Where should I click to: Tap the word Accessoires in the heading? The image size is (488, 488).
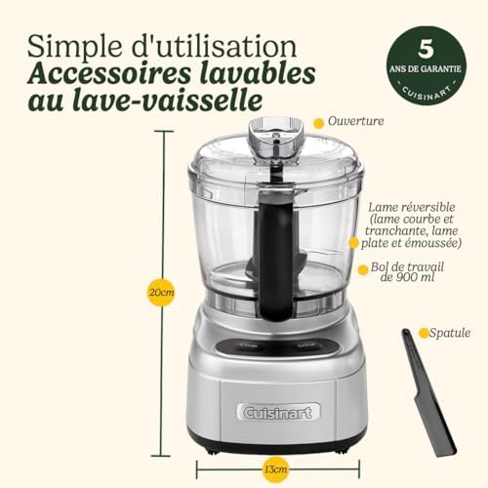pyautogui.click(x=109, y=74)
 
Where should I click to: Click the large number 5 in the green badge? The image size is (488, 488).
pyautogui.click(x=426, y=49)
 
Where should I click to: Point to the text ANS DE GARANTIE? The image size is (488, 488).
pyautogui.click(x=426, y=69)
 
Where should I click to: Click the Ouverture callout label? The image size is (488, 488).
pyautogui.click(x=356, y=121)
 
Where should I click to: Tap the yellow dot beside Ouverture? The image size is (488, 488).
pyautogui.click(x=318, y=123)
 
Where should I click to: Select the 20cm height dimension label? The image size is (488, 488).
pyautogui.click(x=162, y=292)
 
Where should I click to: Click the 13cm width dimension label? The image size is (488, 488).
pyautogui.click(x=275, y=469)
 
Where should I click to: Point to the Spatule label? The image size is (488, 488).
pyautogui.click(x=450, y=333)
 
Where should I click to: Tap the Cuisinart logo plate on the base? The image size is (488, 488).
pyautogui.click(x=278, y=412)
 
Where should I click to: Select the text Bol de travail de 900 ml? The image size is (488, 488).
pyautogui.click(x=407, y=271)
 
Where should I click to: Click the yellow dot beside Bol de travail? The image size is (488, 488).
pyautogui.click(x=363, y=269)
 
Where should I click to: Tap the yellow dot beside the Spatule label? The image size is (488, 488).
pyautogui.click(x=424, y=333)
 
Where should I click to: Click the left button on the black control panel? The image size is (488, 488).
pyautogui.click(x=249, y=346)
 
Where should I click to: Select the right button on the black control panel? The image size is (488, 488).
pyautogui.click(x=306, y=346)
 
